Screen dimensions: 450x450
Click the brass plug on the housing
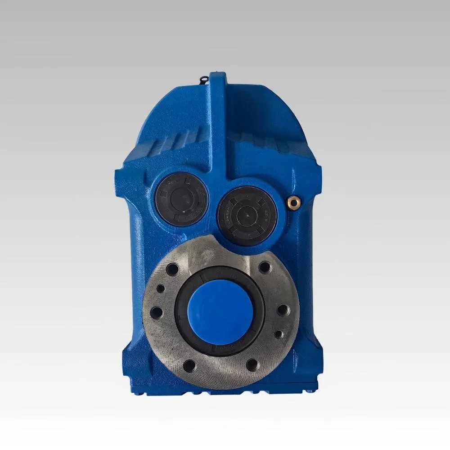tap(293, 202)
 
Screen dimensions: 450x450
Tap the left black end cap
tap(180, 198)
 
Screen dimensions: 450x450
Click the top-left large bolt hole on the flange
tap(172, 270)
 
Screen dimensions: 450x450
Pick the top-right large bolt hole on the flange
tap(265, 267)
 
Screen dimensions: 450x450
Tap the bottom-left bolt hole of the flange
tap(189, 366)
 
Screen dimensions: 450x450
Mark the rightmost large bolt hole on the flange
tap(283, 310)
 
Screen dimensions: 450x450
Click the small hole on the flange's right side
tap(279, 334)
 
